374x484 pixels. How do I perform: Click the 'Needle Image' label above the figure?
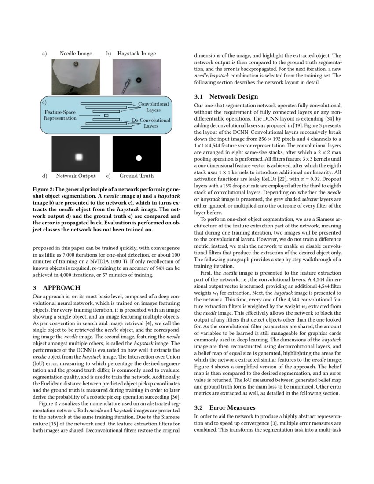coord(76,54)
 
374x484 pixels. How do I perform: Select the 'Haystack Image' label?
coord(136,54)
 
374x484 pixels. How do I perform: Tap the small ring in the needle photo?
coord(76,64)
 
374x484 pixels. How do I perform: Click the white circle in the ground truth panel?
coord(139,157)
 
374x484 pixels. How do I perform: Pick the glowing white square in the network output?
coord(79,157)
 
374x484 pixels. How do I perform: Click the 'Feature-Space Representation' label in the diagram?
coord(60,115)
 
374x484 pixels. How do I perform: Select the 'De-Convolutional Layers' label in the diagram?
coord(151,123)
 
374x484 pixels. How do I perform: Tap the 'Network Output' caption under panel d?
coord(76,176)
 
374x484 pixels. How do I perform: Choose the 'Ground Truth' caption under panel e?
coord(136,176)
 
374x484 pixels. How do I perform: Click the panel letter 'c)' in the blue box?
coord(44,102)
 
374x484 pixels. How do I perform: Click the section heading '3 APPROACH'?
coord(57,287)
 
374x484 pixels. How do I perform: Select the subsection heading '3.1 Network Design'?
coord(226,96)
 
